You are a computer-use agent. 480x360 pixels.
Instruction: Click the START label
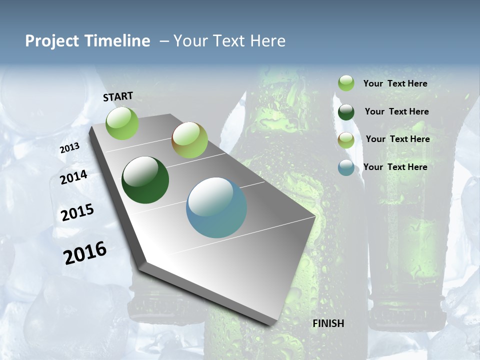click(118, 96)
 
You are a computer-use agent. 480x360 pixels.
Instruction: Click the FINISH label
click(328, 323)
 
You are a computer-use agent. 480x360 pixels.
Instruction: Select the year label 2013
click(69, 147)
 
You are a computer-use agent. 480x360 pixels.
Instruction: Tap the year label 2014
click(73, 177)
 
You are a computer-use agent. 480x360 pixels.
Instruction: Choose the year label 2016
click(85, 253)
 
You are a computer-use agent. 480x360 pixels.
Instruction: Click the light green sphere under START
click(122, 123)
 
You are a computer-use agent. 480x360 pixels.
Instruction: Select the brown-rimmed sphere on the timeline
click(189, 140)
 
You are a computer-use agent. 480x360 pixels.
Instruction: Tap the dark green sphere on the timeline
click(145, 180)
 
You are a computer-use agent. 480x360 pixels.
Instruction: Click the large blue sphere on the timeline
click(216, 207)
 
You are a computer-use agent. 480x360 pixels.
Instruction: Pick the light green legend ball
click(346, 83)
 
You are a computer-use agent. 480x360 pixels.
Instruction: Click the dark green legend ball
click(346, 112)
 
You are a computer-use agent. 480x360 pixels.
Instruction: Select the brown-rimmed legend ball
click(346, 140)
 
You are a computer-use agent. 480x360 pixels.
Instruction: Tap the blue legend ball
click(346, 167)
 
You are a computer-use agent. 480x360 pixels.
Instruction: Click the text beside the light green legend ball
click(395, 83)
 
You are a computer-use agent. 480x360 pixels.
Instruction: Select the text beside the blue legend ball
click(395, 167)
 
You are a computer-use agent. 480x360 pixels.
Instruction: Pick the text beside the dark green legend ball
click(396, 111)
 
